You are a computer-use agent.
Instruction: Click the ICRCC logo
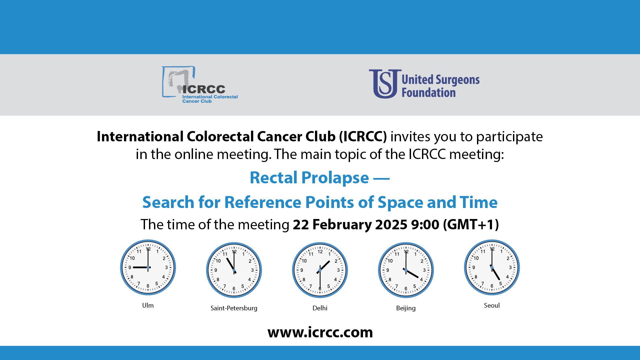pyautogui.click(x=200, y=85)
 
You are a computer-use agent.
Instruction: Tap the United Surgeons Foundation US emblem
pyautogui.click(x=385, y=84)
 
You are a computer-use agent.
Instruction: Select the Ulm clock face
pyautogui.click(x=148, y=267)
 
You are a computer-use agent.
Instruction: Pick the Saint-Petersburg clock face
pyautogui.click(x=234, y=270)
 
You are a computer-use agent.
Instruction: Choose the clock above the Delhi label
pyautogui.click(x=320, y=270)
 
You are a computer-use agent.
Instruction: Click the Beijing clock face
pyautogui.click(x=406, y=270)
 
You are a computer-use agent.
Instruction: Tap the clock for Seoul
pyautogui.click(x=492, y=267)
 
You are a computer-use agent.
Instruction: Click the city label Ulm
pyautogui.click(x=148, y=305)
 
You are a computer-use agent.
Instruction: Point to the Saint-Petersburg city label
pyautogui.click(x=234, y=308)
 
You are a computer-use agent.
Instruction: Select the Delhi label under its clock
pyautogui.click(x=320, y=308)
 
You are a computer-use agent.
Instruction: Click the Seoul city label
pyautogui.click(x=492, y=305)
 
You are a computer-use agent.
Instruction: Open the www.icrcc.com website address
pyautogui.click(x=320, y=332)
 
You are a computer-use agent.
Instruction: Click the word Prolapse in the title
pyautogui.click(x=335, y=178)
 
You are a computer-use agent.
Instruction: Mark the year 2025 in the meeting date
pyautogui.click(x=391, y=224)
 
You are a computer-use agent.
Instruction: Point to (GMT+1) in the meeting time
pyautogui.click(x=471, y=225)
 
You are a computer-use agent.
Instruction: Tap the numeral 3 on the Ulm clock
pyautogui.click(x=166, y=267)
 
